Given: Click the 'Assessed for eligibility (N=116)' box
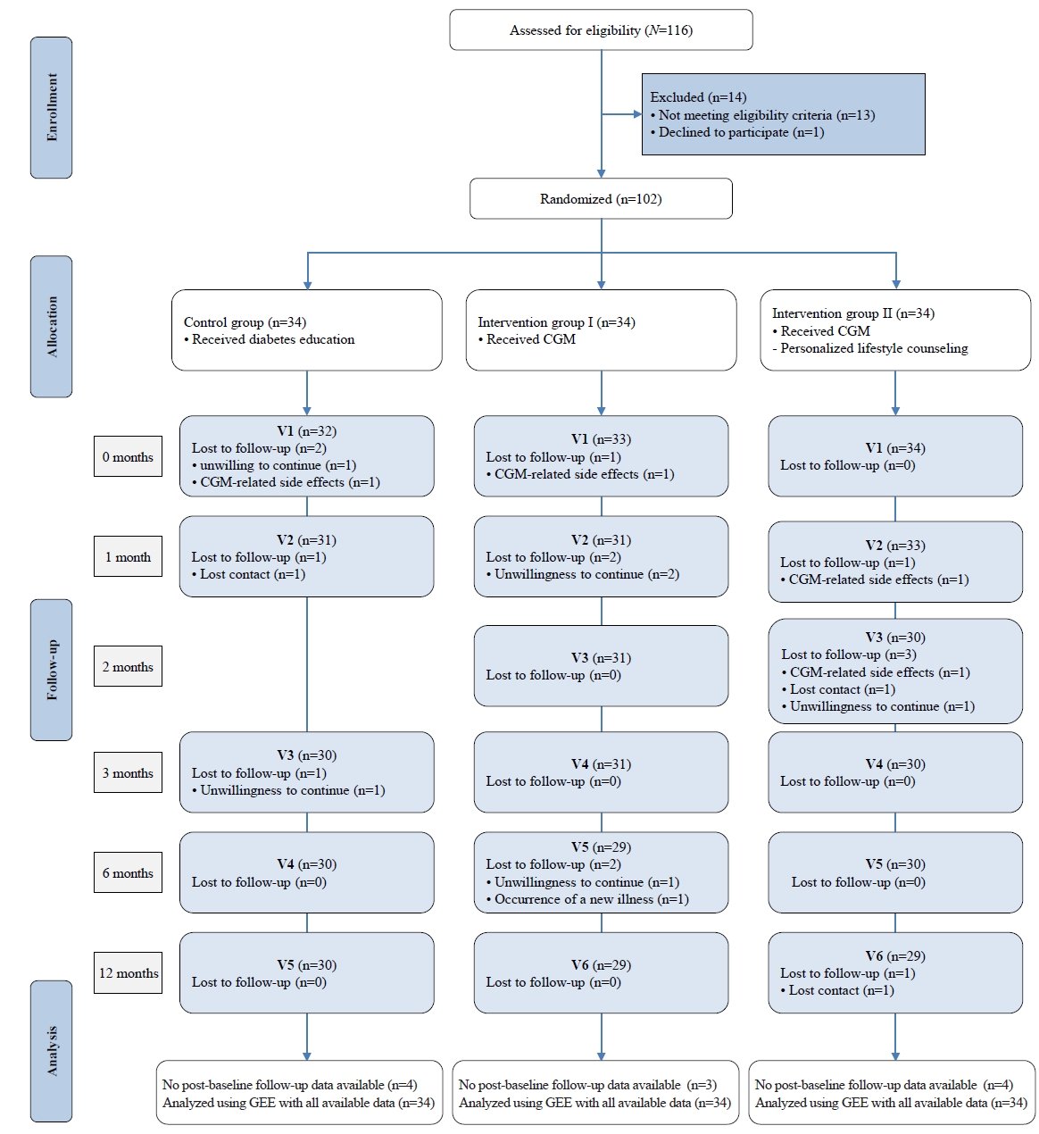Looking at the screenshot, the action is pos(601,30).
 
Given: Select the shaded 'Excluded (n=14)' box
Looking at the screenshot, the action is pos(784,114).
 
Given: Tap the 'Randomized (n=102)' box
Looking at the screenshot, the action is pos(601,199).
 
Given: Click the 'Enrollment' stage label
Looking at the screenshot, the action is pos(52,107).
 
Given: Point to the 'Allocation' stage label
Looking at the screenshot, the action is pos(52,327).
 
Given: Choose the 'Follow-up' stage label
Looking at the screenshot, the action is pos(52,670).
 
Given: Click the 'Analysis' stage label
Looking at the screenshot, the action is pos(52,1051).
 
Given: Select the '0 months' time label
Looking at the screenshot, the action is pos(128,457).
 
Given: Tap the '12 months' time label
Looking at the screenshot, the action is pos(128,973).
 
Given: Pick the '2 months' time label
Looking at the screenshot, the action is pos(128,666).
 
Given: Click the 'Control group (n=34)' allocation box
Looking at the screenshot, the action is pos(307,330).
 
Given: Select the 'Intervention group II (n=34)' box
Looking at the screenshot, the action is pos(895,330).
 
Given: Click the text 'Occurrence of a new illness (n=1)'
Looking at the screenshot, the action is pos(592,899).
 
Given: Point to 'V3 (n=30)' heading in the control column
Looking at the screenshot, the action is pos(307,755).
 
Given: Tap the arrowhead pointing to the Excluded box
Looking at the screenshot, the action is pos(638,114).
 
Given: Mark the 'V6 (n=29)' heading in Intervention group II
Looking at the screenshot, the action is pos(895,956).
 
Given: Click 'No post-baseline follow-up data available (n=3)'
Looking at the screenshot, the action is pos(588,1085).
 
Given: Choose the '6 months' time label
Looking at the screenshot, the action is pos(128,873).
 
